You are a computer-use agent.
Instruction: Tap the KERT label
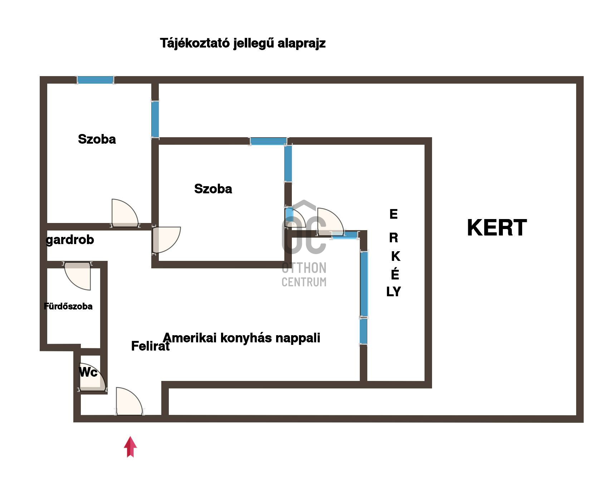[497, 228]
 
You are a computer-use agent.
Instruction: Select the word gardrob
[70, 240]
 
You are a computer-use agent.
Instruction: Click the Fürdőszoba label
[68, 306]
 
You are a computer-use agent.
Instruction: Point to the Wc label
[88, 372]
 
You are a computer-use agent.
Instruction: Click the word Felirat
[150, 346]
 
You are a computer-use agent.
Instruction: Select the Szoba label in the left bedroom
[97, 139]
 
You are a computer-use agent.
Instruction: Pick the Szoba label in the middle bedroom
[213, 189]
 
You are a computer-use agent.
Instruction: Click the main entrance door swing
[128, 402]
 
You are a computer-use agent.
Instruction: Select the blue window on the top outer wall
[95, 80]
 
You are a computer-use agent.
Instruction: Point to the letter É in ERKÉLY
[395, 274]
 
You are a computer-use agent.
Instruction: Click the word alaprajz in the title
[301, 43]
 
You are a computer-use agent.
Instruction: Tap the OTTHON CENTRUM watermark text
[304, 275]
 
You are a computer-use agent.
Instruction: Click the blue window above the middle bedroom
[268, 141]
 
